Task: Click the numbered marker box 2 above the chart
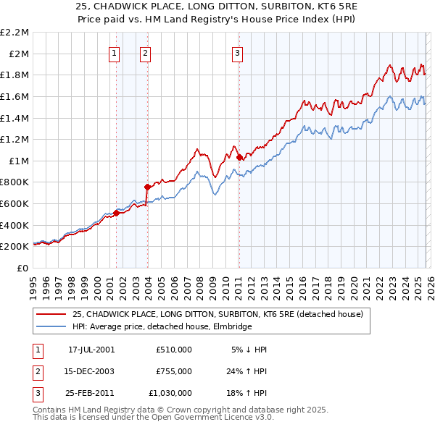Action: point(145,52)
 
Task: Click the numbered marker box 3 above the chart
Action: point(237,52)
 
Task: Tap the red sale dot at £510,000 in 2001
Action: point(117,213)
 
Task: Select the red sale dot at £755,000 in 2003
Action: point(147,187)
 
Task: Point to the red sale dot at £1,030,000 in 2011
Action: point(239,157)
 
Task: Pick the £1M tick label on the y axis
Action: point(19,161)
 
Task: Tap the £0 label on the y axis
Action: point(23,268)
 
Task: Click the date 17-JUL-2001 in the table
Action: point(91,350)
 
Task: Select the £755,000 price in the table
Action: point(174,371)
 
